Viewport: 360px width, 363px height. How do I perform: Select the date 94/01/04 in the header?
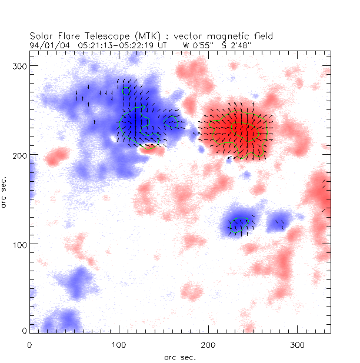pos(47,44)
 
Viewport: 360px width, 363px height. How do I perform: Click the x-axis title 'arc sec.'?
pos(179,357)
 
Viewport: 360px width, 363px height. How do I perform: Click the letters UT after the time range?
pos(166,44)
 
